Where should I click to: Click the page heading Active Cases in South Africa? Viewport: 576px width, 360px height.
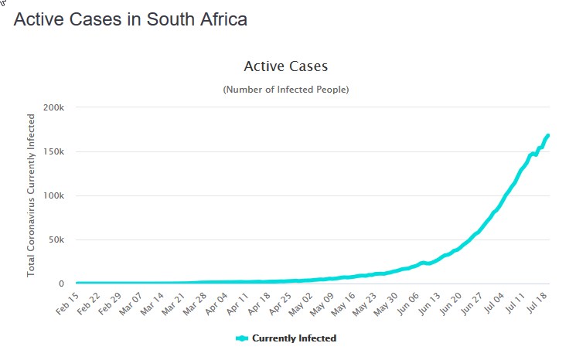tap(130, 19)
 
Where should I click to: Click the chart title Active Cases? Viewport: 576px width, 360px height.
tap(285, 66)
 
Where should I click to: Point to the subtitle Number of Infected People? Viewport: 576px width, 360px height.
tap(285, 90)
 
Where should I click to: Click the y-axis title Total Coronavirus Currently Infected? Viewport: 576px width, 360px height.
tap(32, 195)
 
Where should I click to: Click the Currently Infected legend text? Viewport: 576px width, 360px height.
tap(294, 338)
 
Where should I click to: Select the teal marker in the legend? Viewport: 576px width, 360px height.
tap(242, 338)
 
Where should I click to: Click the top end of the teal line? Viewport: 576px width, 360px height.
tap(547, 136)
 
